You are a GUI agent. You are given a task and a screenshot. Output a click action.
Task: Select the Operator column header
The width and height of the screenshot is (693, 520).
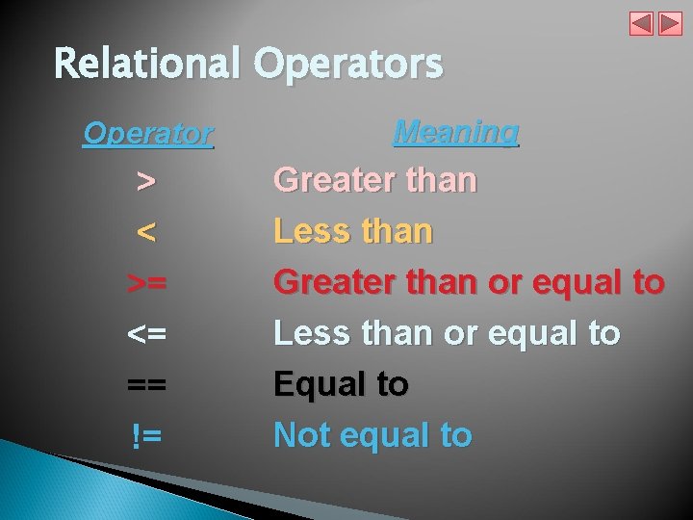[147, 133]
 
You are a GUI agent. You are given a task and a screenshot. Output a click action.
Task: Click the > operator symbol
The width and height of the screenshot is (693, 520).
[146, 180]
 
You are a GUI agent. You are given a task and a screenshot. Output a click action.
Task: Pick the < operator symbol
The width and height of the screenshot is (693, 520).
[146, 231]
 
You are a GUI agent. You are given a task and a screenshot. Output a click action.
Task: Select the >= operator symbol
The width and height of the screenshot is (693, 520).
[146, 282]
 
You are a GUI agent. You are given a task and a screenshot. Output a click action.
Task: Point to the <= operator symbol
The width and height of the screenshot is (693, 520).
[146, 333]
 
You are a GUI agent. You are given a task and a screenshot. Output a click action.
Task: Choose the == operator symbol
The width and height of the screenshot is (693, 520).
[146, 384]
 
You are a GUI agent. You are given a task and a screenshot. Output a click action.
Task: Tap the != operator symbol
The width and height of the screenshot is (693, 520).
[146, 435]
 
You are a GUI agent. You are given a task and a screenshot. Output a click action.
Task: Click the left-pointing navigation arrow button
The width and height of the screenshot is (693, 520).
[641, 24]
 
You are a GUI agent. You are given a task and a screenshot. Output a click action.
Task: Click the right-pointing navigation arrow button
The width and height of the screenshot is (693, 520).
[670, 24]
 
